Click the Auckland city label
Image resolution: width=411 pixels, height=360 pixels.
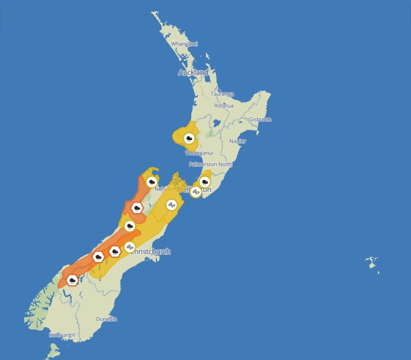pos(193,72)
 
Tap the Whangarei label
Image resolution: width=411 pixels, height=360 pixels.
pos(184,44)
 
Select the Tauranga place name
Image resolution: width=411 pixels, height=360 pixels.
pos(222,94)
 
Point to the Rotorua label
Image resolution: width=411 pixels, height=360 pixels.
pos(224,106)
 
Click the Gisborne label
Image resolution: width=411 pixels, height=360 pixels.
pos(260,119)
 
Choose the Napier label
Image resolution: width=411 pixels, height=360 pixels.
pos(237,141)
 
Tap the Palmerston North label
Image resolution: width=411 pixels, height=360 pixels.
pos(211,164)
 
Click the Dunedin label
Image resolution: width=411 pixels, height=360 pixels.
pos(106,319)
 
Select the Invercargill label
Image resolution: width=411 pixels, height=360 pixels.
pos(62,335)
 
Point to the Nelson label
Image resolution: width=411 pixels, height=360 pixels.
pos(163,189)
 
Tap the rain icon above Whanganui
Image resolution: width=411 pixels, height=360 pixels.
pos(189,139)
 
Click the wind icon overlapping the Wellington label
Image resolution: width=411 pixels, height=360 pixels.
pos(196,192)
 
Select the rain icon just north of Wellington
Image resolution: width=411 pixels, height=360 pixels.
pos(205,182)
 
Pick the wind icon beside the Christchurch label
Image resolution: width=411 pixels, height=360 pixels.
pos(130,247)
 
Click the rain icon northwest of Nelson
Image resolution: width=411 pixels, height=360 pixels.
pos(152,182)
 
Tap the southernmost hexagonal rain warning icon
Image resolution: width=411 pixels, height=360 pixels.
pos(72,280)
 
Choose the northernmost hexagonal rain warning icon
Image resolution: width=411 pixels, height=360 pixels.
pos(137,208)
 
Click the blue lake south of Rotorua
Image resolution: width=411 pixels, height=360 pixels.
pos(217,124)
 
